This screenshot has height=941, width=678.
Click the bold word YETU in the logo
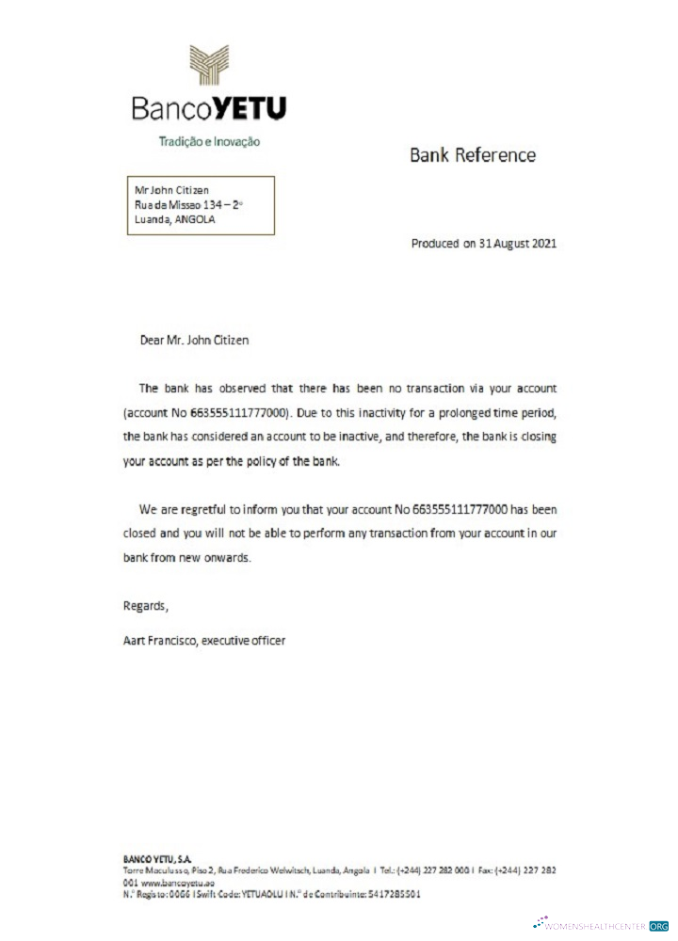tap(248, 110)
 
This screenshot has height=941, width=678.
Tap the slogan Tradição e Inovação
tap(209, 142)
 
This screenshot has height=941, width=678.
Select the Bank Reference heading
tap(473, 155)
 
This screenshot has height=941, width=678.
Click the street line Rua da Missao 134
tap(188, 205)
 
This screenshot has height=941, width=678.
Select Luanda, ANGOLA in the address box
tap(175, 219)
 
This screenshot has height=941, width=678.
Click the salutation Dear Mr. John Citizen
tap(194, 340)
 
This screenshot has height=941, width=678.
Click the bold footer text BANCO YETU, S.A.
tap(157, 859)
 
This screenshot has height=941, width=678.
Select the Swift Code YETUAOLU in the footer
tap(270, 895)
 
